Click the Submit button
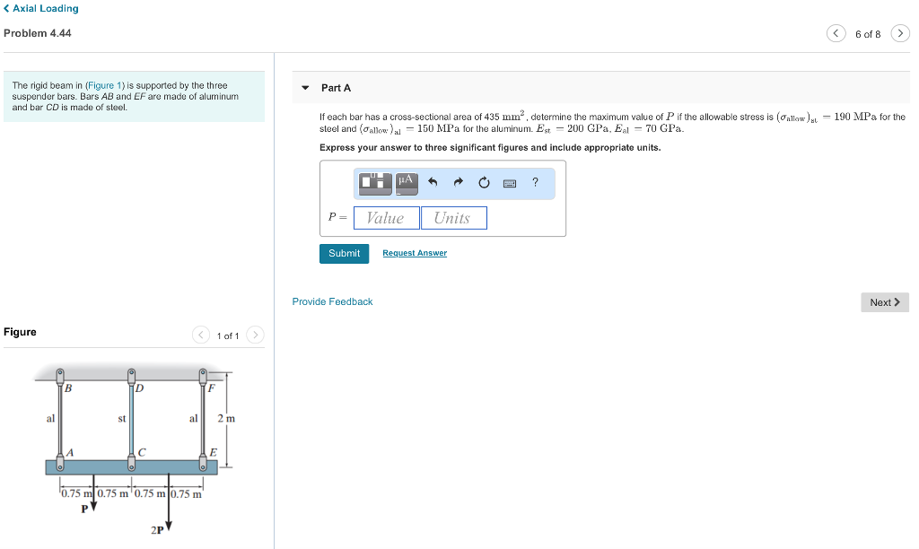point(344,254)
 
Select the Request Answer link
point(414,254)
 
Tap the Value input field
point(386,218)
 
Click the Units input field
point(453,218)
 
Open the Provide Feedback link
point(332,301)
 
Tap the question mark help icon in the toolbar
point(535,183)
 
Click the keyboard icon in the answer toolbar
point(510,183)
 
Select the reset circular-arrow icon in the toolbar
point(484,183)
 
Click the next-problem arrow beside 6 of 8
point(900,34)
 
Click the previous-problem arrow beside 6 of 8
point(836,34)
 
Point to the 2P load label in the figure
point(157,530)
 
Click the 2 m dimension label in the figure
point(226,419)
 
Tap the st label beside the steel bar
point(121,419)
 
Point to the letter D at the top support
point(139,388)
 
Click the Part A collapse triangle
point(305,88)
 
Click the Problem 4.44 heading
point(38,33)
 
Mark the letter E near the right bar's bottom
point(213,450)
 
